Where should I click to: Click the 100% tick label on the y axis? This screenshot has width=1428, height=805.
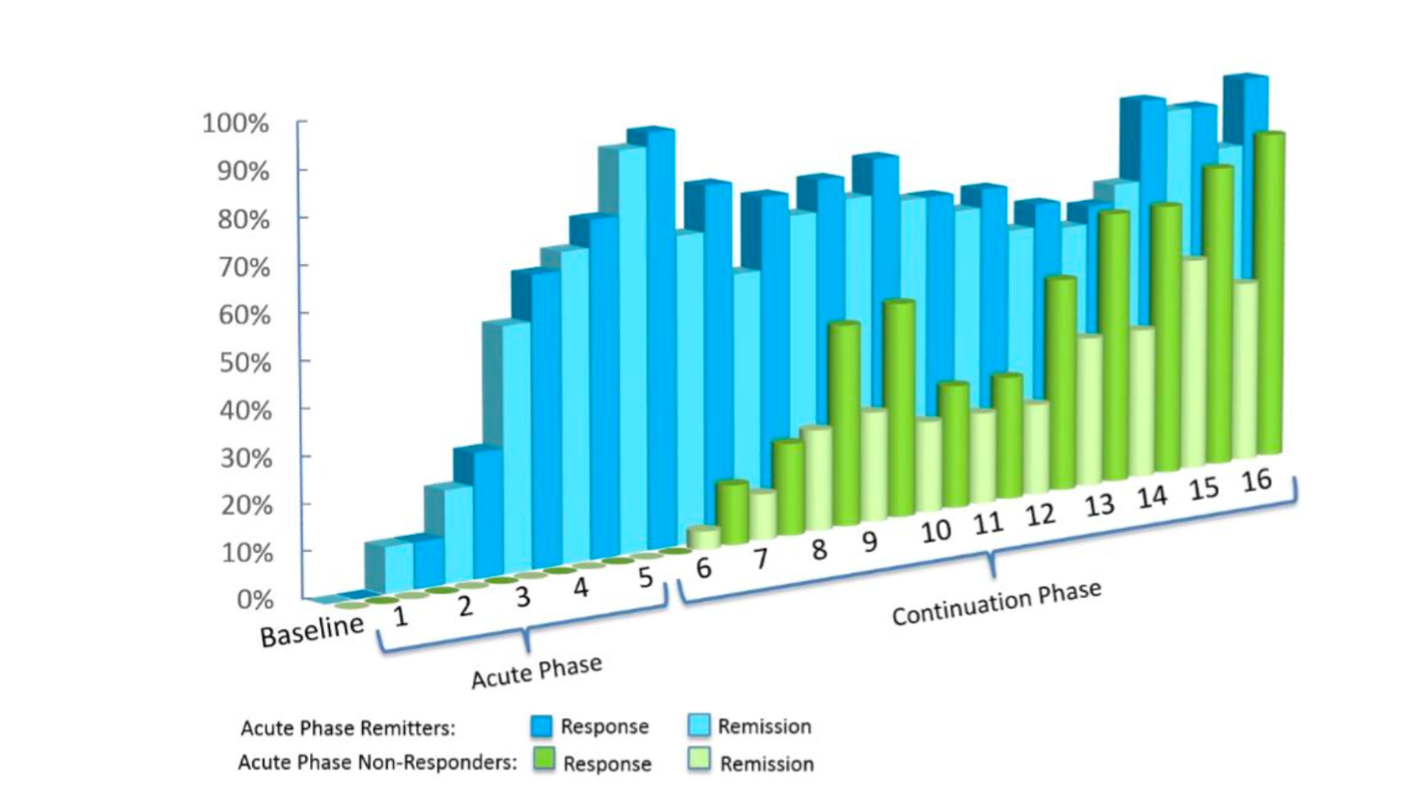click(235, 124)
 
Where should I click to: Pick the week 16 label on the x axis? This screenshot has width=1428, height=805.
click(1256, 480)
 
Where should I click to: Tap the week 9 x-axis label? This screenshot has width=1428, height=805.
click(869, 542)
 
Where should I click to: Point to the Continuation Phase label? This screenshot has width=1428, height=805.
click(996, 604)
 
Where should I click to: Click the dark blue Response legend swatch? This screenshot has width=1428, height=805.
click(540, 725)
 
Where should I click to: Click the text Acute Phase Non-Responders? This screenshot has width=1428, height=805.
click(377, 763)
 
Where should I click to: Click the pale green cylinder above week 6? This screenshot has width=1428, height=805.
click(704, 537)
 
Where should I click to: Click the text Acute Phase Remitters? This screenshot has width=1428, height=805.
click(348, 728)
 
